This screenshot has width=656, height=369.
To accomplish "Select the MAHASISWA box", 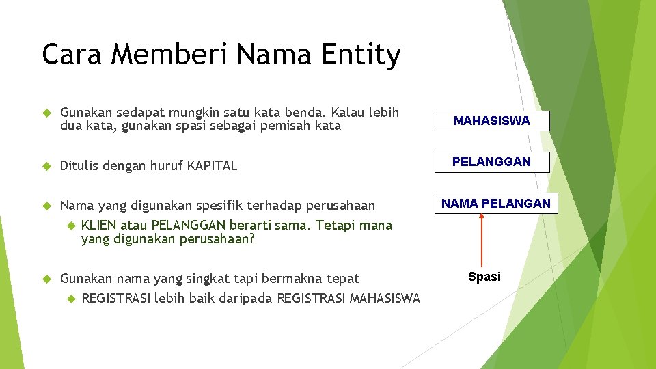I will click(x=492, y=121).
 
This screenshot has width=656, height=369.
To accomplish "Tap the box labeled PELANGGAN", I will click(x=492, y=162).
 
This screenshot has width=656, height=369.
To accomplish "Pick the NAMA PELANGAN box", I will click(x=495, y=203).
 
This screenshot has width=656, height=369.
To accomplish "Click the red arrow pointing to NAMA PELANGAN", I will click(x=482, y=239).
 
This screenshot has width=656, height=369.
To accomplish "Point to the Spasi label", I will click(x=484, y=277).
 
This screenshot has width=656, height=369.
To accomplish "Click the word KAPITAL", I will click(x=212, y=165).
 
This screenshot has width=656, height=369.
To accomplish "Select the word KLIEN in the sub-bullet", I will click(x=99, y=225).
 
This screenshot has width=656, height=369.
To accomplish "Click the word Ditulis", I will click(x=80, y=165).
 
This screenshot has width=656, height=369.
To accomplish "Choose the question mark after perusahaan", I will click(x=251, y=239).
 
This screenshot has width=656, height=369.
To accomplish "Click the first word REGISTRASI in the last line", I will click(x=115, y=298).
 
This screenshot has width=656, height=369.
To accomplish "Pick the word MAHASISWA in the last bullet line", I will click(x=385, y=298).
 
